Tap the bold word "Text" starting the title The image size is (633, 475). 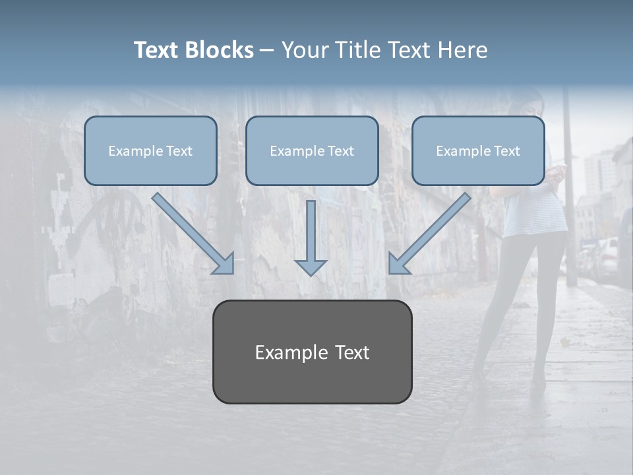pos(157,50)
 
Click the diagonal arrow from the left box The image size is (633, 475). pos(193,234)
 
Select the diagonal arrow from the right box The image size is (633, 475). pos(430,234)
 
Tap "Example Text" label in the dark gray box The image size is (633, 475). pos(312,352)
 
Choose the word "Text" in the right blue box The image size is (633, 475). pos(507,151)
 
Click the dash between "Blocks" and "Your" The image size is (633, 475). pos(267,50)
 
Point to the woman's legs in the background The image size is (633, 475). pos(521,303)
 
